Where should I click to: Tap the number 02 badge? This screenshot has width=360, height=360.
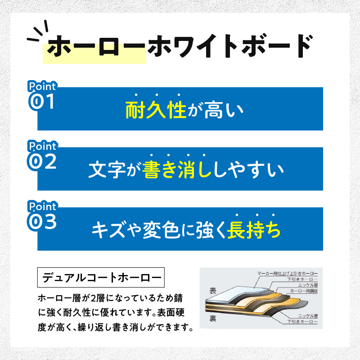[42, 162]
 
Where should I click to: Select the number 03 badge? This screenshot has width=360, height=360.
[42, 221]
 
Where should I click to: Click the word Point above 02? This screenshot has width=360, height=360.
[42, 146]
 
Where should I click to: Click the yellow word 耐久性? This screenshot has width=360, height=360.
[156, 110]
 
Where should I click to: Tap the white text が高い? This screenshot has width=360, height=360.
[216, 110]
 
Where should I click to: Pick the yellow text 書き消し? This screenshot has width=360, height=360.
[177, 170]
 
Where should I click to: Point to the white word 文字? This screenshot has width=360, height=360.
[107, 170]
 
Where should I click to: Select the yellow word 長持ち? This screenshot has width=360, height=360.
[254, 230]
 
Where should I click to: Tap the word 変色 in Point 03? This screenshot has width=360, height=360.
[161, 230]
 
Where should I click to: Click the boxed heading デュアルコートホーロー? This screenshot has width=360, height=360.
[101, 277]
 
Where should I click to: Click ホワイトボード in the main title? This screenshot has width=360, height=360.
[229, 46]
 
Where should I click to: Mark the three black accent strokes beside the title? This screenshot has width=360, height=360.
[38, 31]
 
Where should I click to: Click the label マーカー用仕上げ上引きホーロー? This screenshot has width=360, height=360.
[287, 274]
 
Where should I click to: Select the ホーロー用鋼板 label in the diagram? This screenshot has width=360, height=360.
[304, 291]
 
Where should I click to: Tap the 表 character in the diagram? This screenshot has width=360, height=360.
[213, 291]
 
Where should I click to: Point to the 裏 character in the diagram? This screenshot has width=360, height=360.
[213, 318]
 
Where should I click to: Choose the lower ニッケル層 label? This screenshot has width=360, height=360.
[308, 316]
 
